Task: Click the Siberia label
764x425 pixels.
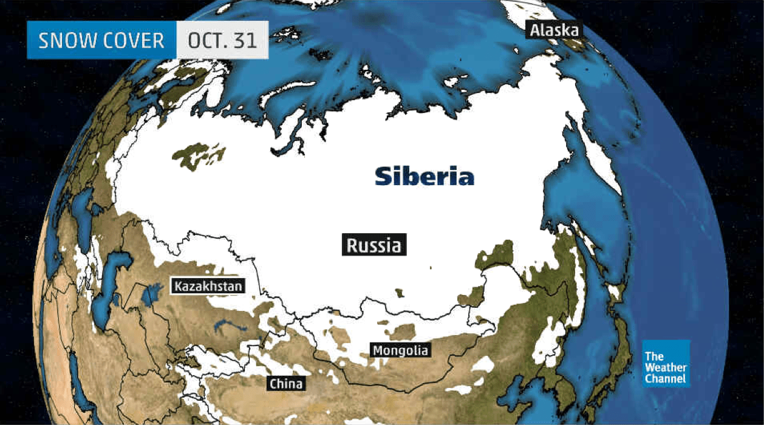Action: coord(425,177)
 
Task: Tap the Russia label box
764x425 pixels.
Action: coord(373,245)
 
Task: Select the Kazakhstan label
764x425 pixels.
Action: coord(208,286)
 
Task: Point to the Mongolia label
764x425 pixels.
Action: coord(400,350)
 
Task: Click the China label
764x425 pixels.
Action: coord(286,384)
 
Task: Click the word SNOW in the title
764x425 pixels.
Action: coord(67,41)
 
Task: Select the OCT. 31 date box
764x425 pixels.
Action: coord(222,41)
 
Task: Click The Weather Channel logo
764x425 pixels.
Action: coord(666,363)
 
